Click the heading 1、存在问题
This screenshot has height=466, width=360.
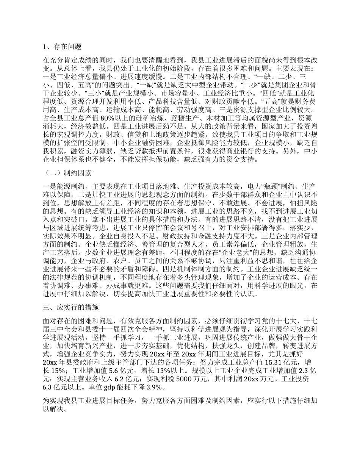(62, 47)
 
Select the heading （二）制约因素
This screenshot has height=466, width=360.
(66, 174)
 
